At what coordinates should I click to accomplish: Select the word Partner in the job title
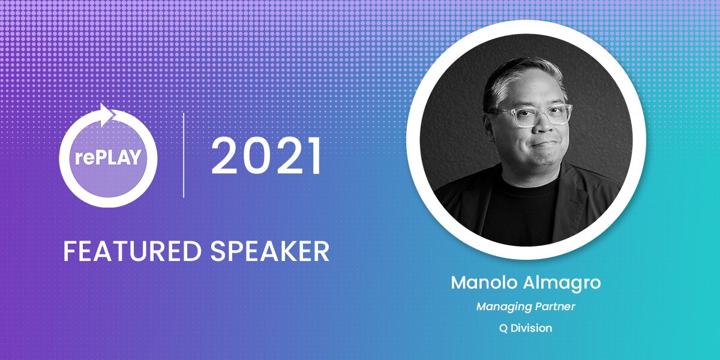(555, 307)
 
